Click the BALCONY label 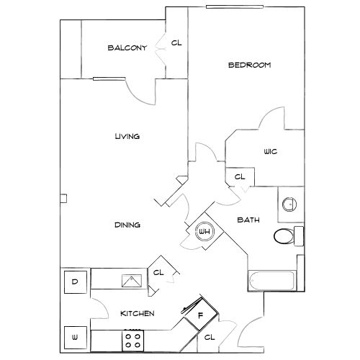coord(127,48)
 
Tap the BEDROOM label coord(250,65)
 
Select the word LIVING coord(127,136)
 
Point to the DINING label coord(127,225)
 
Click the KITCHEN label coord(138,313)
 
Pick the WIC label coord(271,152)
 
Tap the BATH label coord(248,220)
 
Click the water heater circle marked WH coord(204,231)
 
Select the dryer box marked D coord(76,282)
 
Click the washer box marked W coord(76,338)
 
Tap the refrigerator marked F coord(201,316)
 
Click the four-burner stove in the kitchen coord(133,341)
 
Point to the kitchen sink coord(132,281)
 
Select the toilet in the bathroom coord(289,236)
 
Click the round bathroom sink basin coord(289,204)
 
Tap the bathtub coord(272,281)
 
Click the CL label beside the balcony coord(176,43)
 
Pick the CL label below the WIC coord(240,177)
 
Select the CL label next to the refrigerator coord(210,338)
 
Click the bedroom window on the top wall coord(235,6)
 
